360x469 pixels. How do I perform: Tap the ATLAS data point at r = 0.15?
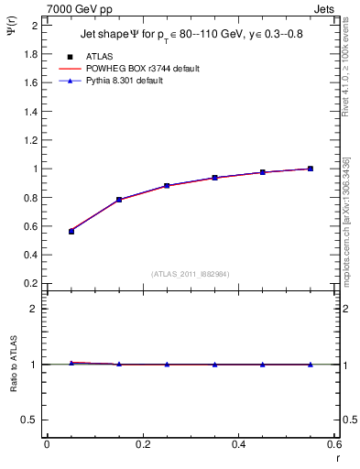119,200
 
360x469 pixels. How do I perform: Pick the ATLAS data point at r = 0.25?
167,185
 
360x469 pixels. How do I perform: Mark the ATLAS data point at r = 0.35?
214,178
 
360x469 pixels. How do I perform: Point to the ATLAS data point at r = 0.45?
263,172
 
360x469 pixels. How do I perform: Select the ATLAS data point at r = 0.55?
311,169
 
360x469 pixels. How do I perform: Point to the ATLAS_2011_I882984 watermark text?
191,274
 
